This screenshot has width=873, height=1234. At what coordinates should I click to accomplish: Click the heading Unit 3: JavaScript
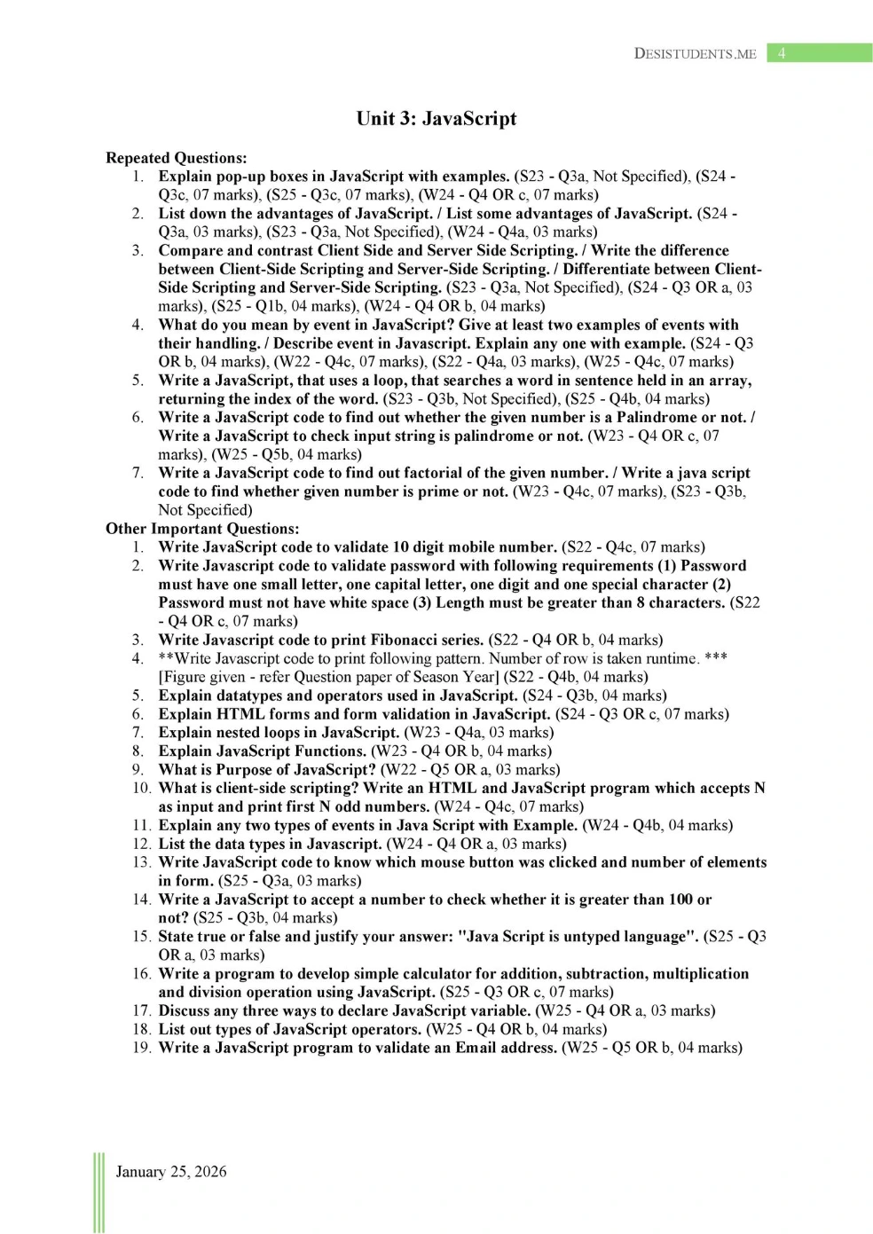(x=436, y=119)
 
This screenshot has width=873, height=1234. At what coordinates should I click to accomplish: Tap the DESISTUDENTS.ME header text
(x=695, y=53)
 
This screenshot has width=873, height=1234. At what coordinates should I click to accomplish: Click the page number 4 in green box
(x=782, y=53)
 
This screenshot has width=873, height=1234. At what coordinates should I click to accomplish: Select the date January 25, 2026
(x=171, y=1172)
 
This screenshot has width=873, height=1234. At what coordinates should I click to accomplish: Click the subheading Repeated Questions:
(x=176, y=158)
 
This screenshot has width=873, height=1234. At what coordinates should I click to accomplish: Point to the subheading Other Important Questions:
(x=202, y=529)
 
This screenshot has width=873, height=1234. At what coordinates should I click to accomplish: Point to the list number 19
(x=142, y=1048)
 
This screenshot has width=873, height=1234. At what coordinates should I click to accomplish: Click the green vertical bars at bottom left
(x=98, y=1192)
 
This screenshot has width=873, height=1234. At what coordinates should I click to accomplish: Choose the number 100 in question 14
(x=680, y=899)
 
